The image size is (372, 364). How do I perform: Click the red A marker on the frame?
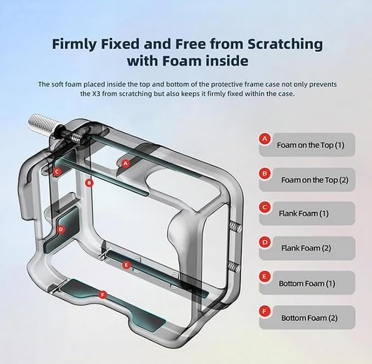pos(125,164)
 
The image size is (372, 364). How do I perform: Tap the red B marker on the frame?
pos(89,183)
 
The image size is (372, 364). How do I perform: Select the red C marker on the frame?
pos(57,171)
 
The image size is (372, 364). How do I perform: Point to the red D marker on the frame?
pos(61,229)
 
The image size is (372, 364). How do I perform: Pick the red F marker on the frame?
pos(102,295)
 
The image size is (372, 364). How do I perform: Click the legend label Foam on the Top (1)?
pos(311,145)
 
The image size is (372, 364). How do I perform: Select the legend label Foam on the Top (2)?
pos(315,180)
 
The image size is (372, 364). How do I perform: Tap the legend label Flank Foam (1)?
pos(304,214)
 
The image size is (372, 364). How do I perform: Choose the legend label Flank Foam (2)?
pos(306,248)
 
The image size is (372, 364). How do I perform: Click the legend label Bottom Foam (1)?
pos(307,283)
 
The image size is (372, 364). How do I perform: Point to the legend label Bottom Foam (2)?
pos(310,318)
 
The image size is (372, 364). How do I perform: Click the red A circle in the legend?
pos(265,138)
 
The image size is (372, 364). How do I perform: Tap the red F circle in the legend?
pos(265,311)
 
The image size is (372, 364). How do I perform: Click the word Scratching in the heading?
pos(285,44)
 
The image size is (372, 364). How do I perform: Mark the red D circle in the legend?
pos(265,242)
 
